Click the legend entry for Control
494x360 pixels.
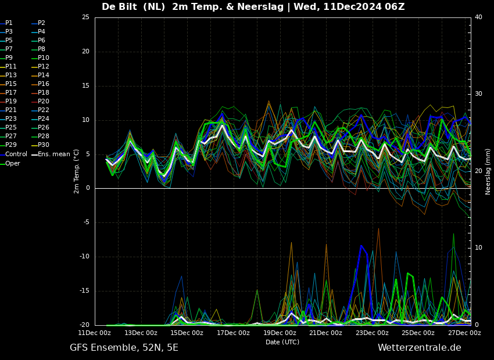[x=13, y=154]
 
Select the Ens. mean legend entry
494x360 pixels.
[x=51, y=154]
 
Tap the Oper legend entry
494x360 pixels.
[x=10, y=163]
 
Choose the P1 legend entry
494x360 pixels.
[x=6, y=23]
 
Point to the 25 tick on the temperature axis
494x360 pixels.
[x=85, y=17]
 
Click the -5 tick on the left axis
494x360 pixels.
[x=87, y=222]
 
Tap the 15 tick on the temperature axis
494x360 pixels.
[x=85, y=85]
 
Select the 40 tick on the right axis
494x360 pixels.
[x=478, y=17]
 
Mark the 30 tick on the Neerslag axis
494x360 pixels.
[x=478, y=94]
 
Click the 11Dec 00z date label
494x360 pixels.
[x=95, y=333]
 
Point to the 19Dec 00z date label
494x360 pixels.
[x=279, y=333]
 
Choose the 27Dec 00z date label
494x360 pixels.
[x=464, y=333]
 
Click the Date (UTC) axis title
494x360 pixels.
[x=282, y=342]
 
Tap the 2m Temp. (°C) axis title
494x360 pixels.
[x=77, y=171]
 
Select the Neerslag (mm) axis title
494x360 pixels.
[x=488, y=171]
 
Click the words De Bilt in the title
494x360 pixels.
[x=119, y=6]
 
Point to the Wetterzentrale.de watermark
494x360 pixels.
[x=420, y=348]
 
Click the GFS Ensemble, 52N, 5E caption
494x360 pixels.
[x=124, y=348]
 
